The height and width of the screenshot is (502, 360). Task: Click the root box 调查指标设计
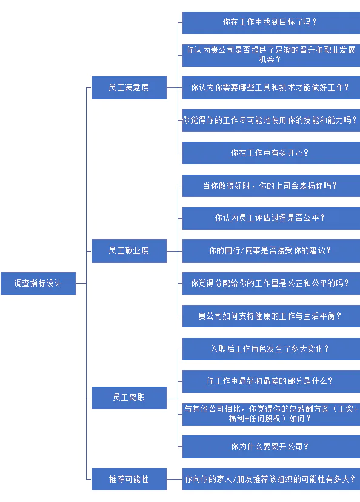(38, 283)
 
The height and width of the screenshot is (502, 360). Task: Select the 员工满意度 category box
(129, 88)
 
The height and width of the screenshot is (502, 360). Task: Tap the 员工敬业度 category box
(129, 251)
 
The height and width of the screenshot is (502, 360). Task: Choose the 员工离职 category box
(129, 398)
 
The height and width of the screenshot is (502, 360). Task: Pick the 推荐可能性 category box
(129, 480)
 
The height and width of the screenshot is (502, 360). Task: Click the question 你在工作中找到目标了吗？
(271, 22)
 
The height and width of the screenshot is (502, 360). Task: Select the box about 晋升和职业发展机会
(271, 55)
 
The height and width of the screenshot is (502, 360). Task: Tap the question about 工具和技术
(271, 88)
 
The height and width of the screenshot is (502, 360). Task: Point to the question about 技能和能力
(271, 121)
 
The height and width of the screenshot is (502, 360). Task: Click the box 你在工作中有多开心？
(271, 153)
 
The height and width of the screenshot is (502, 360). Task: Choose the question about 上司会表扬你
(271, 186)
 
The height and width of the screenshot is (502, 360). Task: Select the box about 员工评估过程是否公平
(271, 218)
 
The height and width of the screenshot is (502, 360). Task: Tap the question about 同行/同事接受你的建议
(271, 251)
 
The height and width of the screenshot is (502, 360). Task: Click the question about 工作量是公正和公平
(271, 283)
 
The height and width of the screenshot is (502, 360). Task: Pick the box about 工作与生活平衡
(271, 316)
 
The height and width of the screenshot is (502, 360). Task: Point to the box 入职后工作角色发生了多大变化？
(271, 349)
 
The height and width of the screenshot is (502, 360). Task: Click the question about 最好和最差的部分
(271, 381)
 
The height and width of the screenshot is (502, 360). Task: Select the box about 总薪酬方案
(271, 414)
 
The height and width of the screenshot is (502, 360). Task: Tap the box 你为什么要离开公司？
(271, 447)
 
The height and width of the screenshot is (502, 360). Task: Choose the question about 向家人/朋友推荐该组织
(271, 480)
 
